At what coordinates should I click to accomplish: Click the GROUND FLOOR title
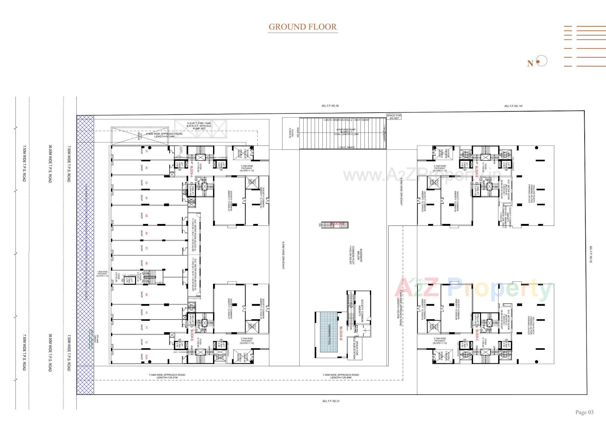[302, 27]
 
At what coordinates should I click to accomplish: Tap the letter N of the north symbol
[530, 63]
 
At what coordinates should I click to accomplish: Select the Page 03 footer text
[584, 412]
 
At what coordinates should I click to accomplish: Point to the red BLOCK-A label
[191, 171]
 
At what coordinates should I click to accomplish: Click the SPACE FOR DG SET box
[394, 117]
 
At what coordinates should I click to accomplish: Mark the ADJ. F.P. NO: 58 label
[330, 106]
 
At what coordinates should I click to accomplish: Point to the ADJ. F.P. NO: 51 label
[331, 401]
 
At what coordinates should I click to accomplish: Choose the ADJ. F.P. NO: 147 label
[513, 106]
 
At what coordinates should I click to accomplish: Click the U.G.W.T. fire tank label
[199, 126]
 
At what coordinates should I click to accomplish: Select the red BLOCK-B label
[477, 171]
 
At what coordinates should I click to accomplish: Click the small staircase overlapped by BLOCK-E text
[335, 225]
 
